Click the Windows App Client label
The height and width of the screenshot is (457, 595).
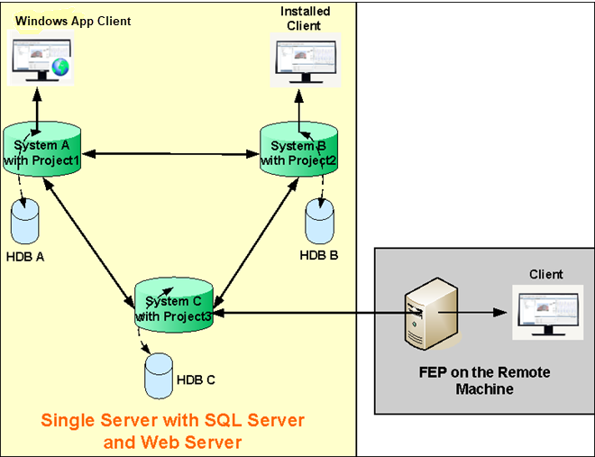[73, 20]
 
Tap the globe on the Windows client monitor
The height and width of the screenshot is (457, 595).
[60, 67]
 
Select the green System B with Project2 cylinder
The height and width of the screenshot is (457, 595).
[298, 152]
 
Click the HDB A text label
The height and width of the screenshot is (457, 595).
[26, 257]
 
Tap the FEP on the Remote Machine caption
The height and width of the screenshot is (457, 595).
[484, 380]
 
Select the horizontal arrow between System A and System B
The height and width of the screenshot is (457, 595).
[170, 154]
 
